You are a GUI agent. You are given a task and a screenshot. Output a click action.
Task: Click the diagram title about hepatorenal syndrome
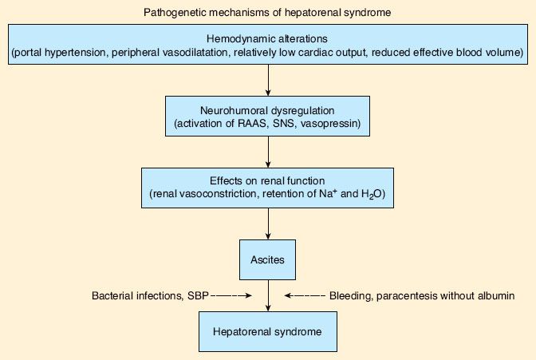267,13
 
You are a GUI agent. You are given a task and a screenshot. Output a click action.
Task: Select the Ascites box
268,259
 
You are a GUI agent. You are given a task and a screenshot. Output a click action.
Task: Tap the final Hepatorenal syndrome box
268,330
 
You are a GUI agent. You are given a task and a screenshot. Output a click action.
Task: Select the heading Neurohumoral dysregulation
268,109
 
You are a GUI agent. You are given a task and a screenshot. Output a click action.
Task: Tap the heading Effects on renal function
268,180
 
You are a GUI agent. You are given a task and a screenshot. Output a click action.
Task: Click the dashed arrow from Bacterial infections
232,296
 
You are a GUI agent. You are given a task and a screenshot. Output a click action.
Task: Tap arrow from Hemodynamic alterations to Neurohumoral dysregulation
268,80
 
